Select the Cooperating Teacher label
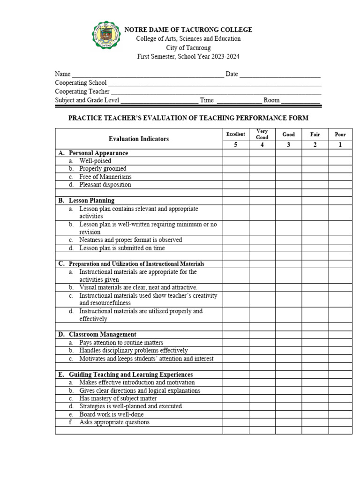82,91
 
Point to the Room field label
271,100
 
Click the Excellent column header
236,134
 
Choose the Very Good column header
262,134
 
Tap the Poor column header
340,135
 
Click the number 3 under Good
288,145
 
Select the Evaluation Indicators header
139,139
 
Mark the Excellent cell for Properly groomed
236,169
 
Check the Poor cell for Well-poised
340,161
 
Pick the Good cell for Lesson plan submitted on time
288,248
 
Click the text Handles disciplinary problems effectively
134,350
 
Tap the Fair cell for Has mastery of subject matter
315,398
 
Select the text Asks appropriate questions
114,422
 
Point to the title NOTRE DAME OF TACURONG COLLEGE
188,30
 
